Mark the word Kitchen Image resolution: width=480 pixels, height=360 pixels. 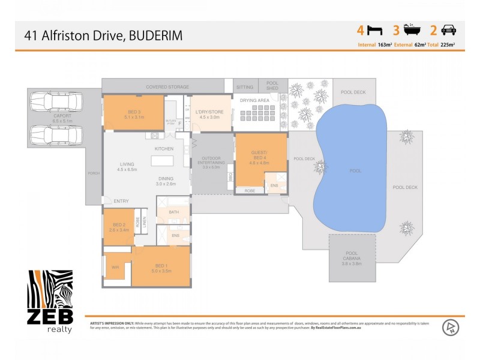click(x=164, y=148)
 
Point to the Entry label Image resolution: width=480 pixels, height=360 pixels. click(x=121, y=201)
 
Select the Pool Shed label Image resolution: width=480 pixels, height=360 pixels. click(x=273, y=87)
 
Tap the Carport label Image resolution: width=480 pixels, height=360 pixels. click(x=62, y=118)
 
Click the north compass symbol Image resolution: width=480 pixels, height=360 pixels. click(x=449, y=328)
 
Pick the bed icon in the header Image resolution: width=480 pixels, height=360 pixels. click(x=374, y=30)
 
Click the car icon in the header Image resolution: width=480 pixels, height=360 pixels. click(x=448, y=30)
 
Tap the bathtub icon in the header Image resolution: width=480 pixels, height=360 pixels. click(x=411, y=30)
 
